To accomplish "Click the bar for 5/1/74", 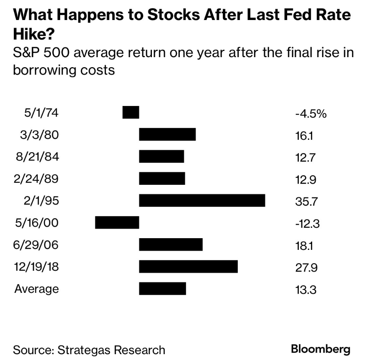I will (131, 112).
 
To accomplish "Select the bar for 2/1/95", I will (202, 200).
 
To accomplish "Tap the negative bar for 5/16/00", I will (117, 222).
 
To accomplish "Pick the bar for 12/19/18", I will (188, 266).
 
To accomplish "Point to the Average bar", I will (162, 288).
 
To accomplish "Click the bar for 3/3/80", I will (167, 134).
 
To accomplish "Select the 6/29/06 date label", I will (37, 244).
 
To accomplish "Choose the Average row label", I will (37, 288).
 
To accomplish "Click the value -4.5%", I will (310, 113).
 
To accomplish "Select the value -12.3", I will (307, 224).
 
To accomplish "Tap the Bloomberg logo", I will (321, 349).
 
